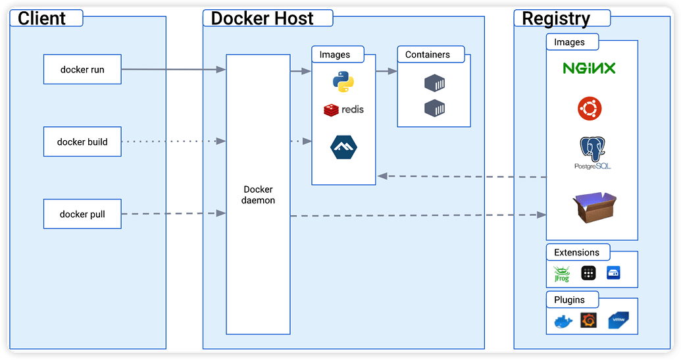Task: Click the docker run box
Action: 82,69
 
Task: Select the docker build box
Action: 82,141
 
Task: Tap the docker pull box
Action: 82,214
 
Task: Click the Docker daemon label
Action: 258,195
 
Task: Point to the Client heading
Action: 42,18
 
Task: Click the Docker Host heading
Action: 262,18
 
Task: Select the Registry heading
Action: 557,18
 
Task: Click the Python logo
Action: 343,82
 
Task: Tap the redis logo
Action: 343,109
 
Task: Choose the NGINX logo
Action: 589,68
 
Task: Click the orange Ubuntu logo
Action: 589,108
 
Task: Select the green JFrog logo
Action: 561,273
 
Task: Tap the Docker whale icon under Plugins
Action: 563,321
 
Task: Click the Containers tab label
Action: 428,55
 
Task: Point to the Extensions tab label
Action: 576,252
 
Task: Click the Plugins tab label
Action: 569,299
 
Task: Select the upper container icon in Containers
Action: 435,83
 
